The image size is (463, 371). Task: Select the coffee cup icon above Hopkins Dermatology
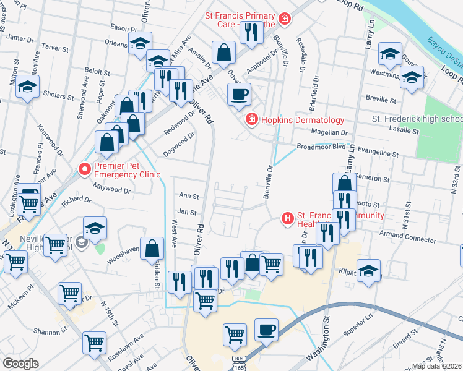239,95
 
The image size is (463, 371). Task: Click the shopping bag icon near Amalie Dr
223,53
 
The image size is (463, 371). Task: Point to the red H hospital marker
287,218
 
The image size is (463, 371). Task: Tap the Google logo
20,364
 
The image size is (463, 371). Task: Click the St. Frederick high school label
417,119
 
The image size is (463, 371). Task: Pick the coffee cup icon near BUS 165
266,330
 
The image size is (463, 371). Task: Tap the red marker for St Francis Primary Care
284,19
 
